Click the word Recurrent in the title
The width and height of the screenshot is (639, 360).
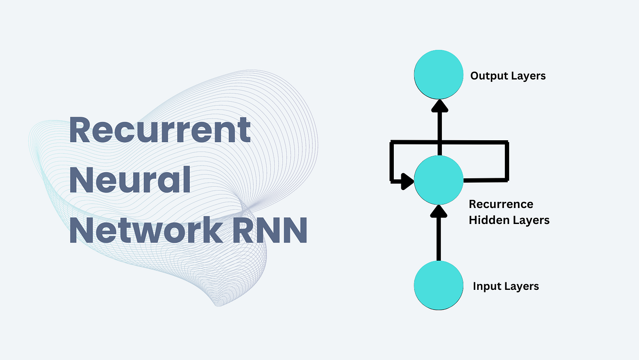click(160, 130)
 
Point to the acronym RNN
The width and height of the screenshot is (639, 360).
click(265, 230)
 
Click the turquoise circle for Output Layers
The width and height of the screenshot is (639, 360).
click(439, 74)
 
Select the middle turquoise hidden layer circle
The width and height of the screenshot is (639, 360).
click(439, 180)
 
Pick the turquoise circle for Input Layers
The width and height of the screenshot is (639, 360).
click(439, 286)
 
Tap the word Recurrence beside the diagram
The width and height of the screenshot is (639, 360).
click(501, 204)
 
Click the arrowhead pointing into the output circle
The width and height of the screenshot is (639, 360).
click(439, 107)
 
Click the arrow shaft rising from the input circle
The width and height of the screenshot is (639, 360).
click(439, 240)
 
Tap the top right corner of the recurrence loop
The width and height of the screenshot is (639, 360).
click(507, 143)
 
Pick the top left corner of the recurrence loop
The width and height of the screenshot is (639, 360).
click(392, 143)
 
